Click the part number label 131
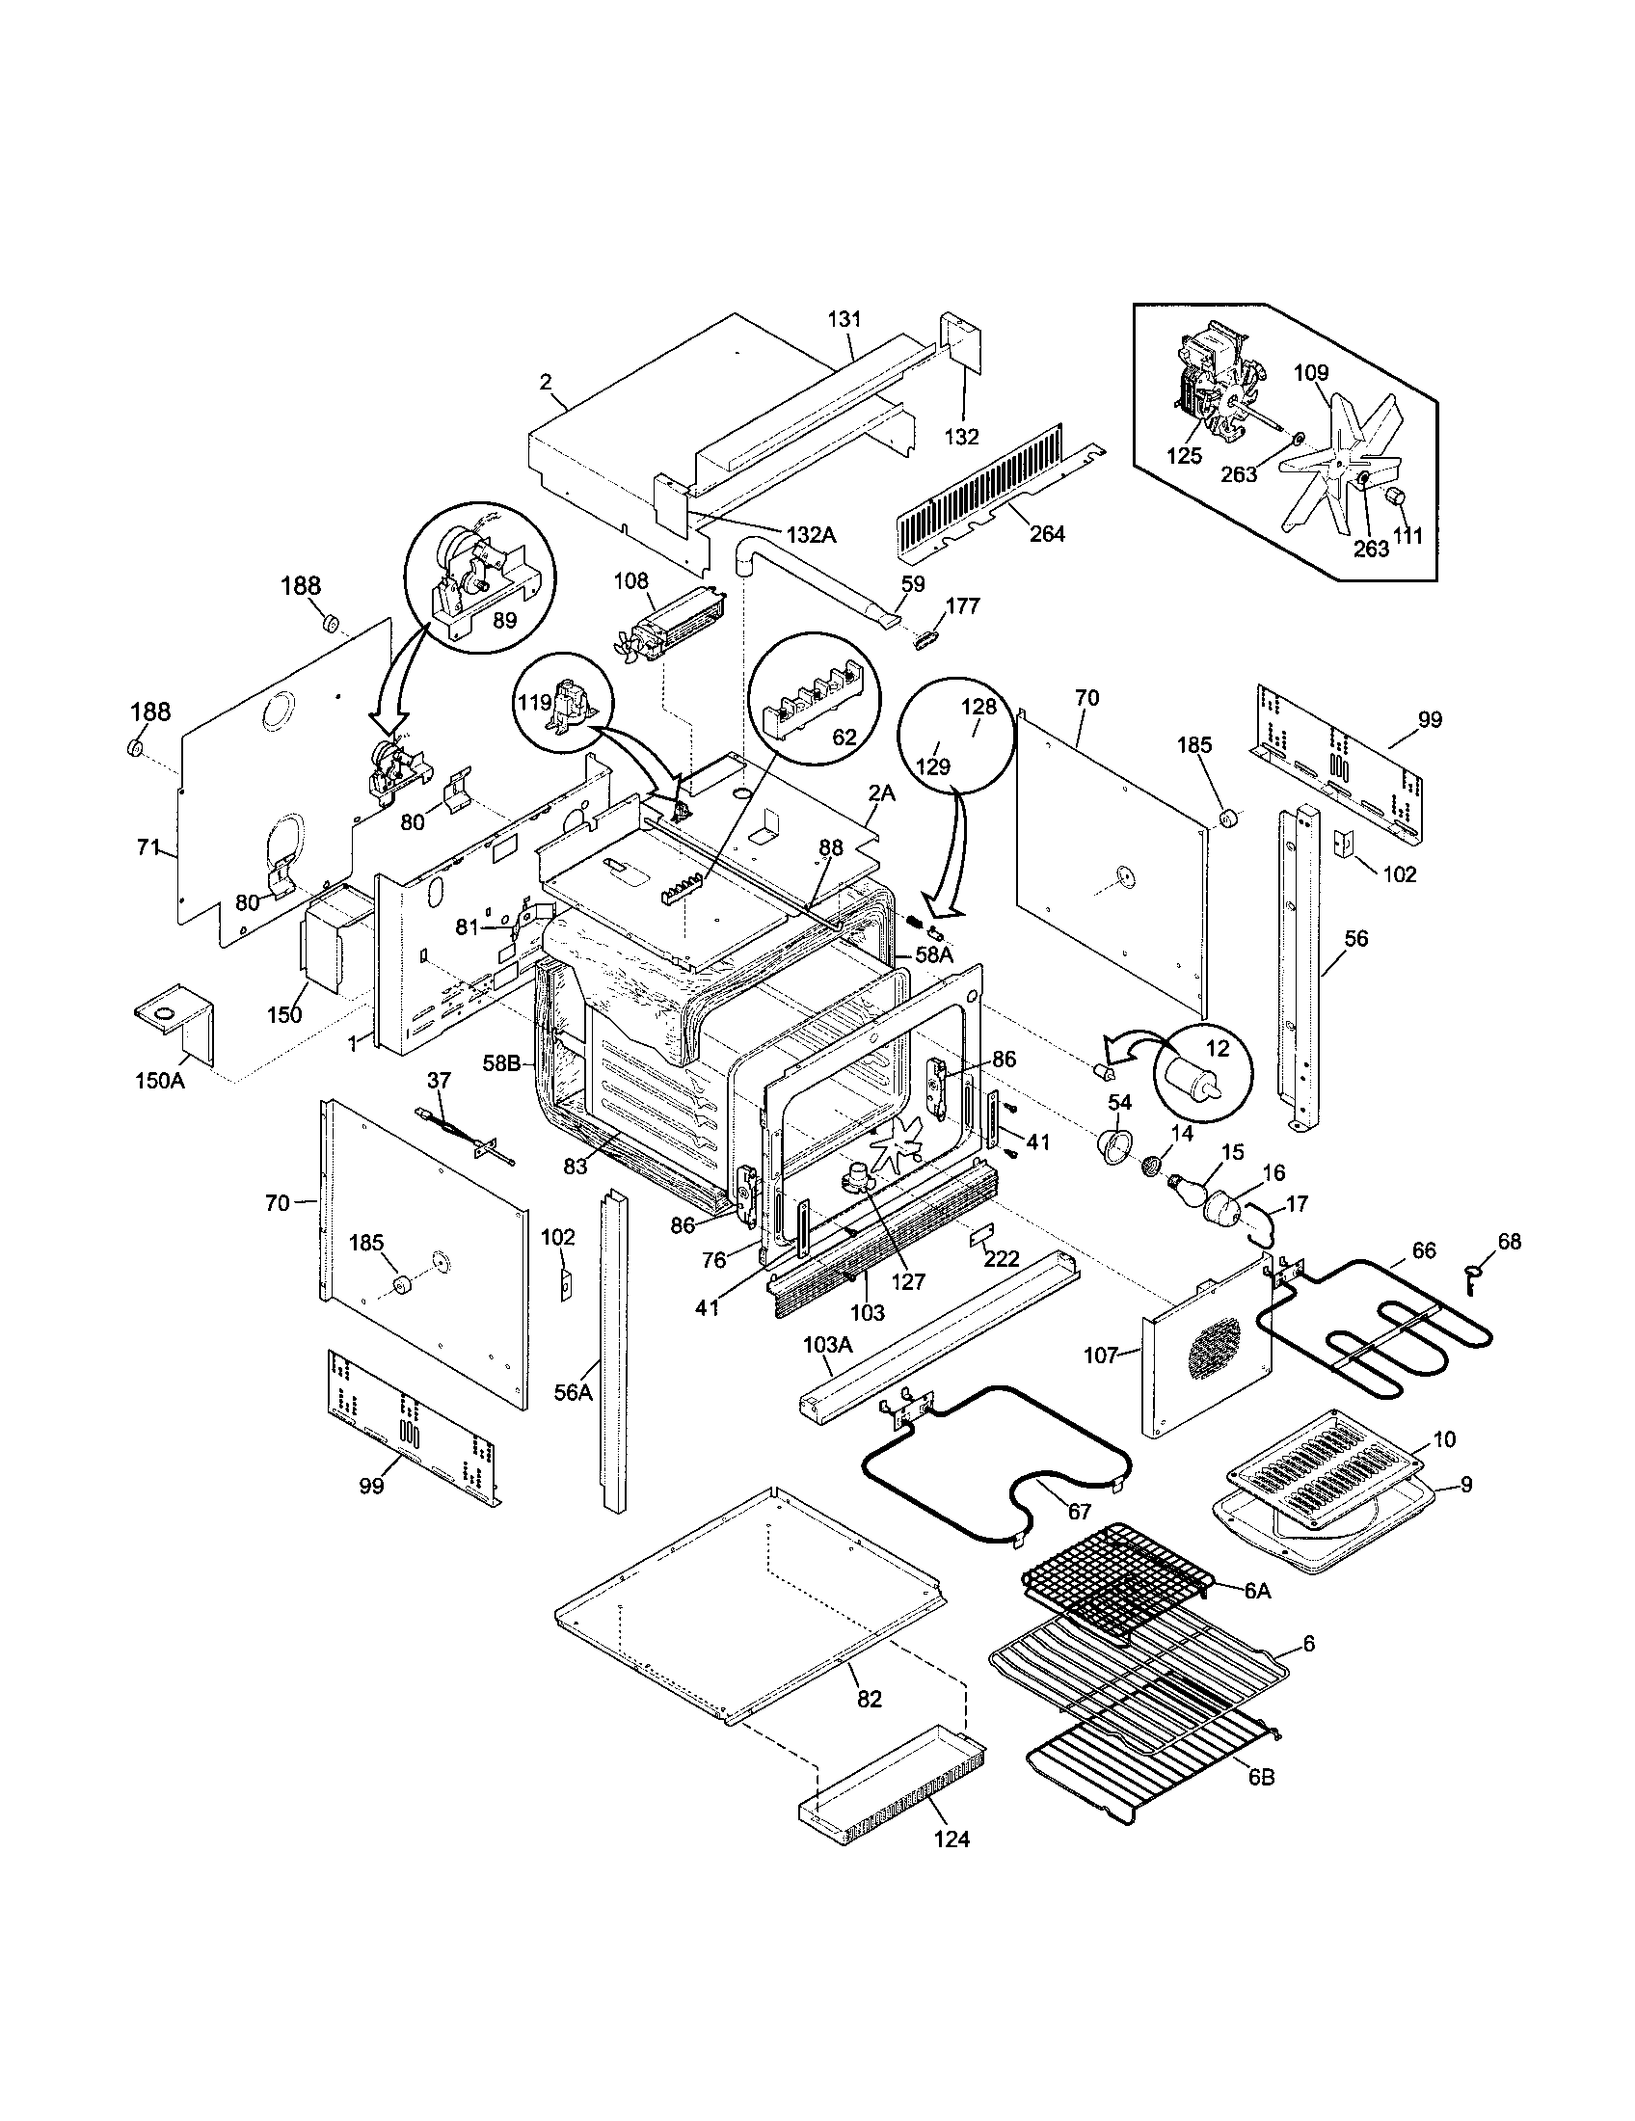844,318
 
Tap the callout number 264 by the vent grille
1047,533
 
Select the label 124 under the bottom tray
951,1839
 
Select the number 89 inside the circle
504,620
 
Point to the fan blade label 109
1311,373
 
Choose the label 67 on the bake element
1079,1512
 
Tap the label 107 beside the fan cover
1101,1355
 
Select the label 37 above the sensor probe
439,1080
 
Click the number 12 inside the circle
1217,1049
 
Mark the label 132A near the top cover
811,533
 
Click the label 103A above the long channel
827,1345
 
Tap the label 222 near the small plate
1001,1258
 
